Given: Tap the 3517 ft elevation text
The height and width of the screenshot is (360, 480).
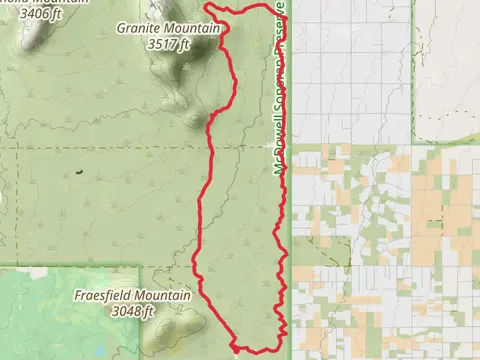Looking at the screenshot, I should click(167, 44).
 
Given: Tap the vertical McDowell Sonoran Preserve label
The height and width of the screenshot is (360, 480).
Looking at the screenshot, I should click(281, 90).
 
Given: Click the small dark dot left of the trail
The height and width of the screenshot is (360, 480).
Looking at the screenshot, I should click(78, 171).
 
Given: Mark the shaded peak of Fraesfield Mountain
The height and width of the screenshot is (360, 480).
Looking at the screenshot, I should click(184, 322).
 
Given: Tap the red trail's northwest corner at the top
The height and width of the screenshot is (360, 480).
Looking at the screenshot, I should click(206, 9).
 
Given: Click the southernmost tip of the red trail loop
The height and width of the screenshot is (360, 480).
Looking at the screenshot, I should click(238, 350).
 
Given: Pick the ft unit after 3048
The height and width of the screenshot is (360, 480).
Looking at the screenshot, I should click(151, 312).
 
